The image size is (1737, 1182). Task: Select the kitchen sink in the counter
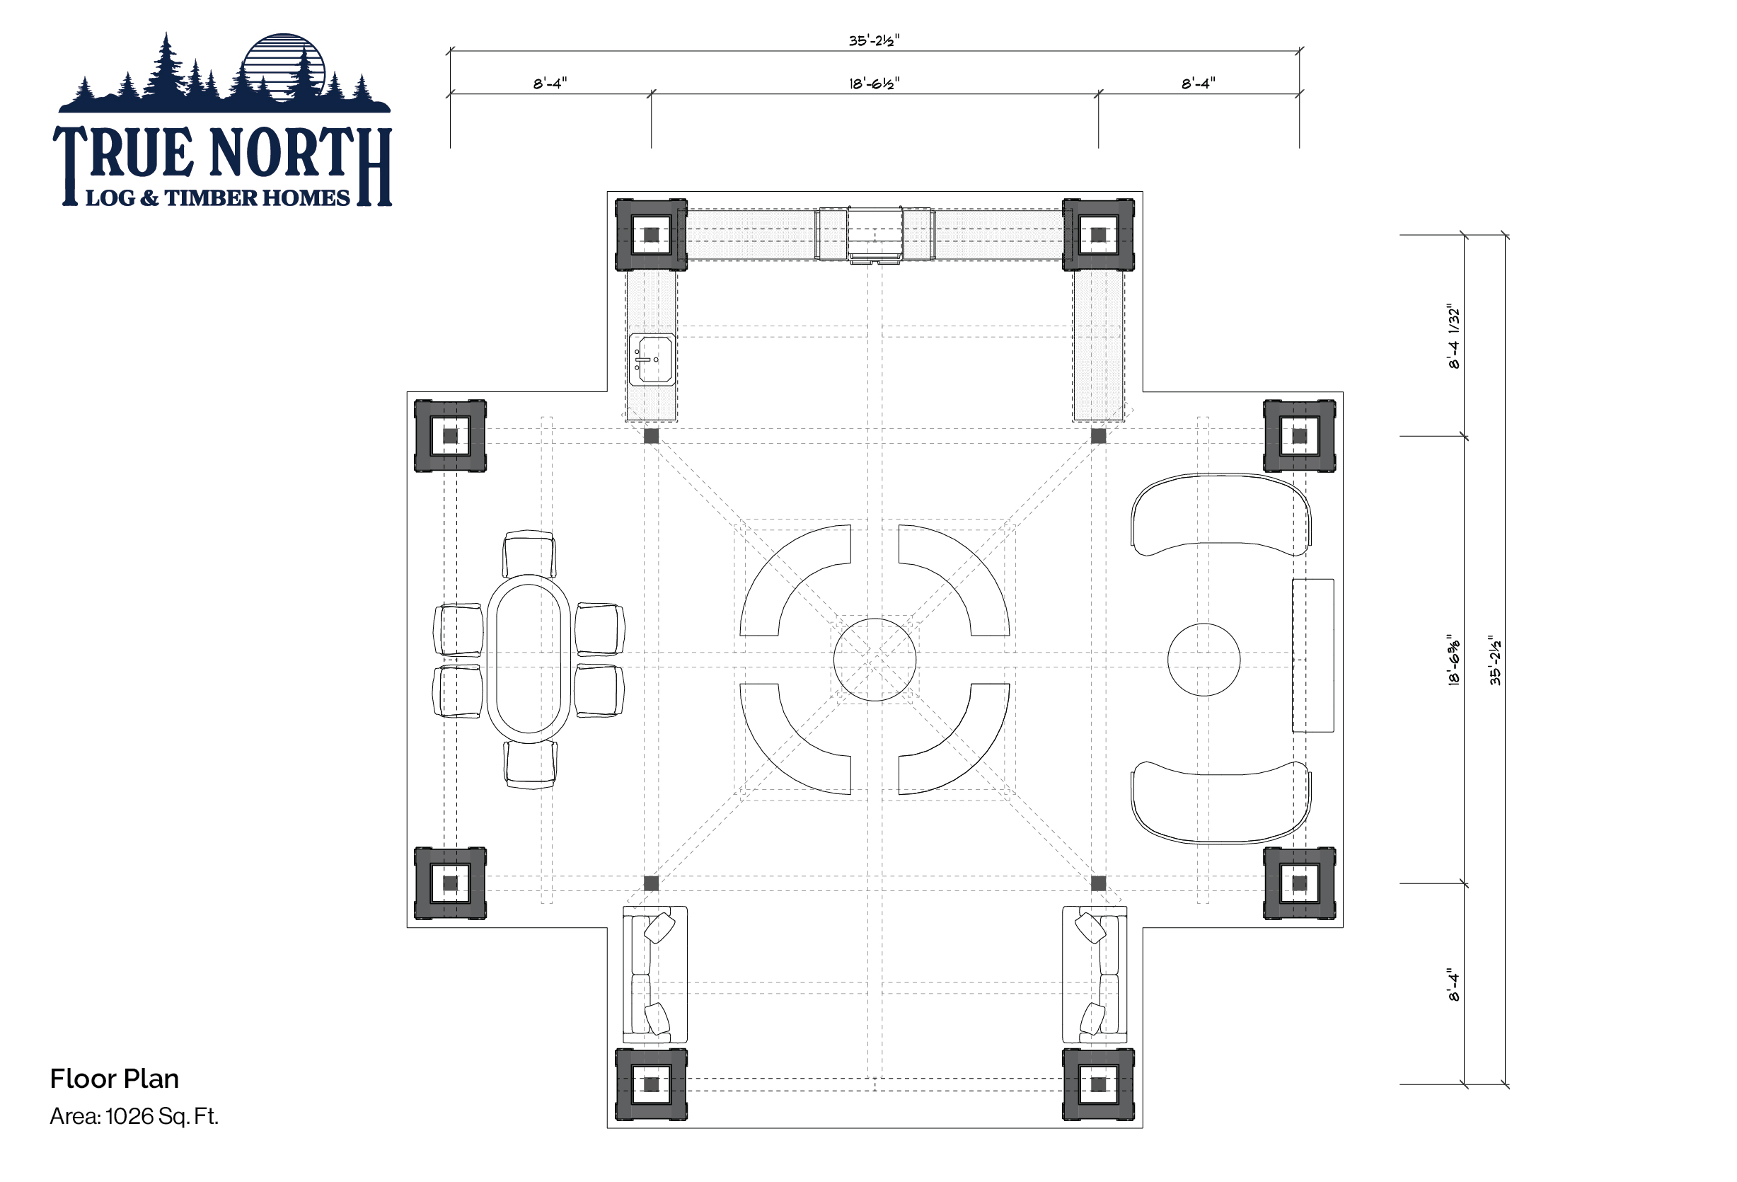point(652,360)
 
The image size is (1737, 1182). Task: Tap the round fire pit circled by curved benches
point(875,660)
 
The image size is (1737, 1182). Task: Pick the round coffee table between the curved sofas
point(1204,660)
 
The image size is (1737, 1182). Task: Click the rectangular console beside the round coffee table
point(1312,655)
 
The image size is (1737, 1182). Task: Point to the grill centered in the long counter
point(875,235)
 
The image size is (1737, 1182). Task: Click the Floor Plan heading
point(115,1079)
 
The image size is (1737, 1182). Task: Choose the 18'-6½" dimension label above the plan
point(874,83)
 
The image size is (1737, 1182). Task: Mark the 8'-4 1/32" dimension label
point(1453,336)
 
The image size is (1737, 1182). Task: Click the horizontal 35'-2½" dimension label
point(874,40)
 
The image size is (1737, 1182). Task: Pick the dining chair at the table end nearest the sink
point(529,553)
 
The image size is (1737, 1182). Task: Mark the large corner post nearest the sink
point(650,235)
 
